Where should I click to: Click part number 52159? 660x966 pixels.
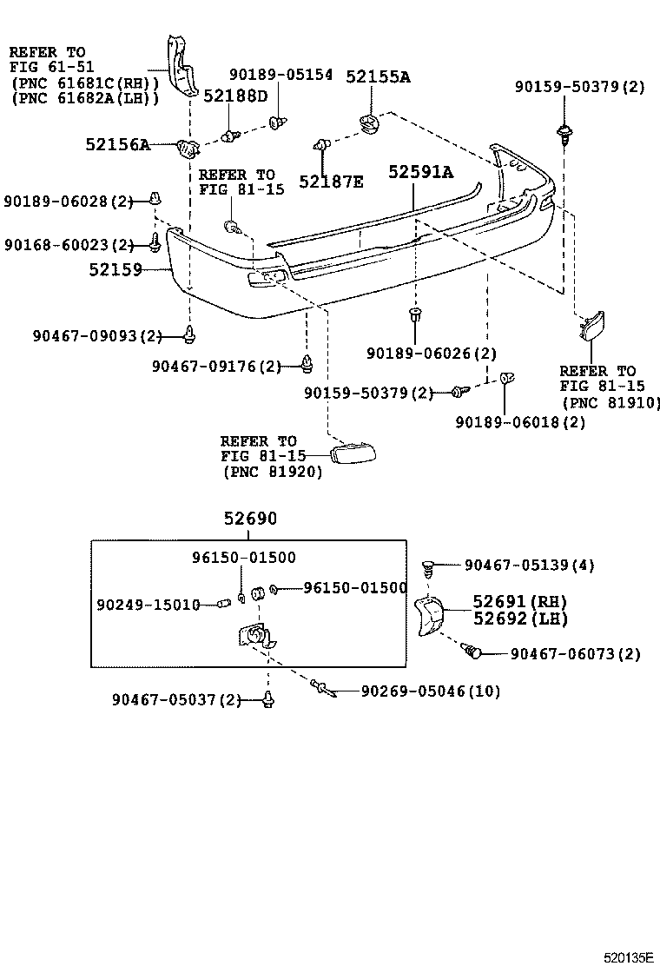tap(115, 270)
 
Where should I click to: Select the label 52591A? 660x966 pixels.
tap(420, 173)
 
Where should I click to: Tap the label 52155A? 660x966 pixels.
tap(378, 77)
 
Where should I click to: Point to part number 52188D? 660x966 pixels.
tap(235, 96)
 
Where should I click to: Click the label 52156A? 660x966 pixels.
tap(117, 145)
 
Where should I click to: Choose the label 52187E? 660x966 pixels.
tap(331, 182)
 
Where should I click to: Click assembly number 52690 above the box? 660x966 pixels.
tap(250, 519)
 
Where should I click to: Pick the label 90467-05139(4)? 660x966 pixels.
tap(529, 566)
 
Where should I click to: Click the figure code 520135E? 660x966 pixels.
tap(629, 957)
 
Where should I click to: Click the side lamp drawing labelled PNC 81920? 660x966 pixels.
tap(356, 453)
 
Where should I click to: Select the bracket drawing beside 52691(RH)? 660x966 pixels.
tap(429, 616)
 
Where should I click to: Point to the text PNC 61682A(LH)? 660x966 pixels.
tap(84, 98)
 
